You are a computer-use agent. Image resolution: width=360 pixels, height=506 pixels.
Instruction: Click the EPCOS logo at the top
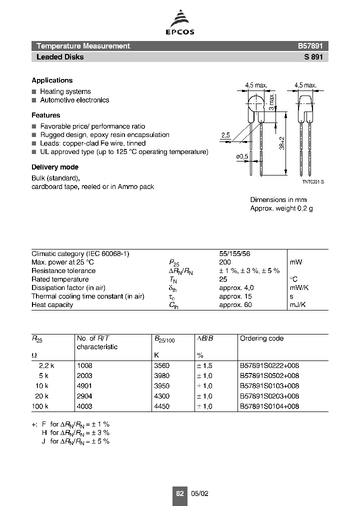point(180,24)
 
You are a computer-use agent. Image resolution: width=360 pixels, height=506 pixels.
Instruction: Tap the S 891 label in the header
point(313,57)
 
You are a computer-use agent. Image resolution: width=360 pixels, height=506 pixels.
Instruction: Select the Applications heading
point(52,80)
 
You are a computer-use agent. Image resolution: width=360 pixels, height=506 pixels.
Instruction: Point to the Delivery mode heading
point(55,167)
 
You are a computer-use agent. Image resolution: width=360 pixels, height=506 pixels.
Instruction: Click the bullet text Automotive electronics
point(74,100)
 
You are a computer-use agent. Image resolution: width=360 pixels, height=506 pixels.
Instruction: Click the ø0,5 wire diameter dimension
point(242,156)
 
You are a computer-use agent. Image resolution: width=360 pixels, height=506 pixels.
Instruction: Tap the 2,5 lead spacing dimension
point(225,135)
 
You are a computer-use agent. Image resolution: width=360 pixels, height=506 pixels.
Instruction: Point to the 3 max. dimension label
point(270,102)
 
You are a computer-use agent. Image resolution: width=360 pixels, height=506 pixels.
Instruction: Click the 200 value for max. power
point(225,262)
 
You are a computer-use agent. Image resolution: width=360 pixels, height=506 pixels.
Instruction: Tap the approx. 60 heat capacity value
point(235,305)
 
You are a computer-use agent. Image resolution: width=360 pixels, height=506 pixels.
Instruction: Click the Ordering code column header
point(261,338)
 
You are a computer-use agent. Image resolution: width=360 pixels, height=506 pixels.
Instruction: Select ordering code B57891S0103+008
point(269,386)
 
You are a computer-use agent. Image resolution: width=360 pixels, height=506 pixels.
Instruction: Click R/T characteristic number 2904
point(84,396)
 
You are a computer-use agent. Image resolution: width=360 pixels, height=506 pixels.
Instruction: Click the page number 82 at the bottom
point(180,493)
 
